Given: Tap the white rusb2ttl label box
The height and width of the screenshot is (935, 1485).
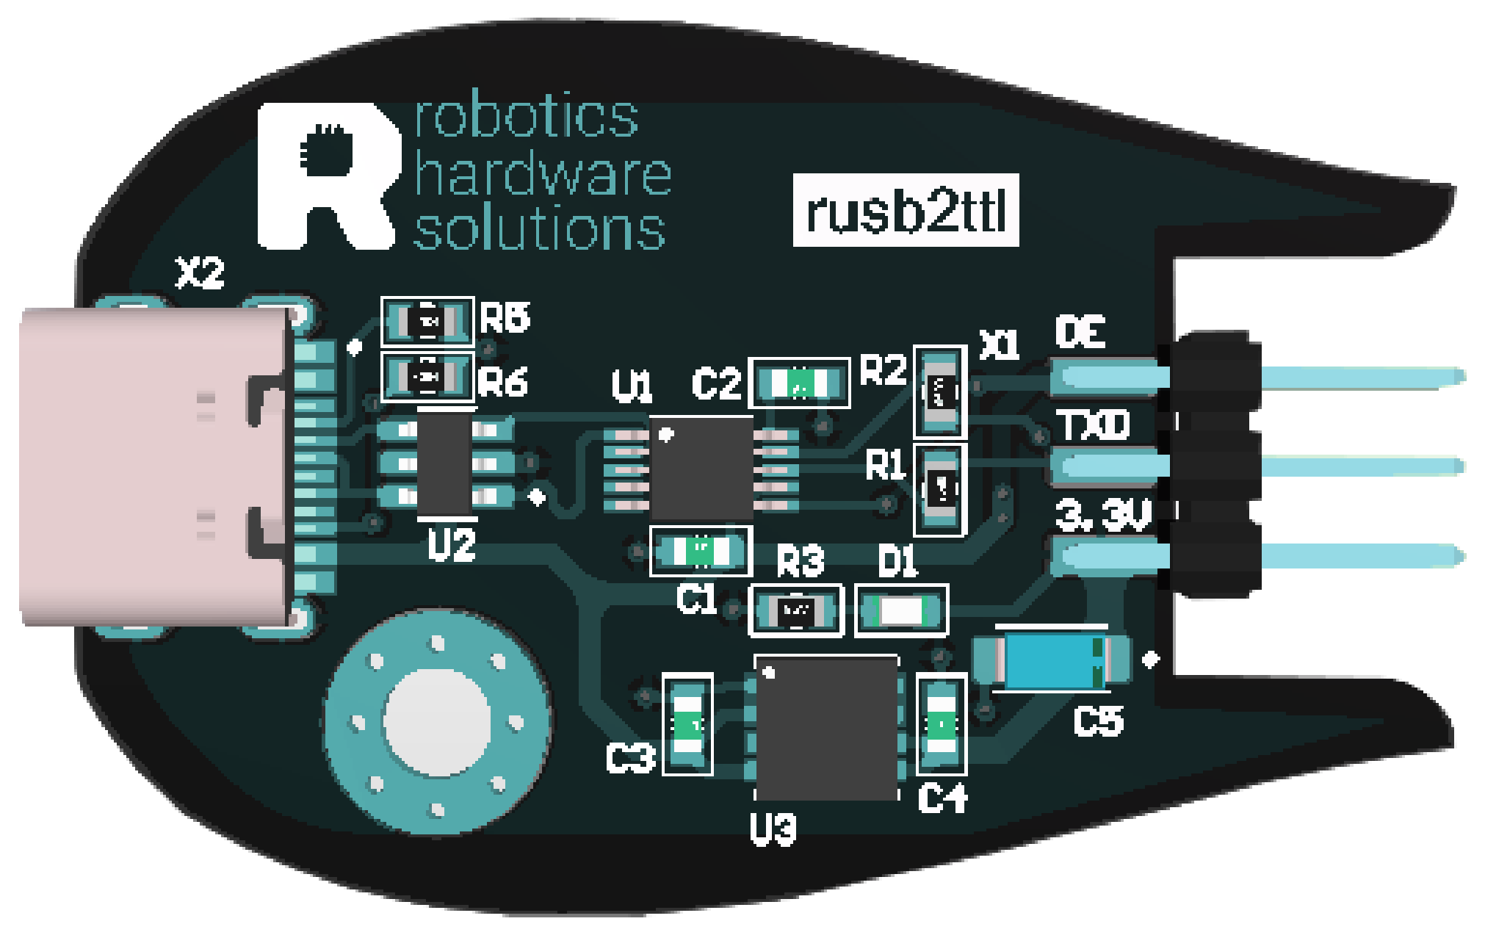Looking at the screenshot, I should point(906,211).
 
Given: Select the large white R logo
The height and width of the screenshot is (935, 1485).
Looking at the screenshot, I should point(327,176).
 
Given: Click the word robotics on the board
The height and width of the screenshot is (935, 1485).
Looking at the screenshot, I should point(527,118).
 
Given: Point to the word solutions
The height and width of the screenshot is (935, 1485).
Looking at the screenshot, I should point(540,230).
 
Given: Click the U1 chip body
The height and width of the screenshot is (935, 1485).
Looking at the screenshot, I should point(701,468).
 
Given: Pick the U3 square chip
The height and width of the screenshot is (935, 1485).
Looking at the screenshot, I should point(827,728).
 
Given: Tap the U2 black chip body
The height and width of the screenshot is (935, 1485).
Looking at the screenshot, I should point(444,463).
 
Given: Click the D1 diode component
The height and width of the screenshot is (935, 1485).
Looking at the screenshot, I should point(902,610).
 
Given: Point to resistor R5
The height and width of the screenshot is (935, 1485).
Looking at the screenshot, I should point(427,321).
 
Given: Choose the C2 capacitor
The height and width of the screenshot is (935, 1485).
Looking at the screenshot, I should point(799,383).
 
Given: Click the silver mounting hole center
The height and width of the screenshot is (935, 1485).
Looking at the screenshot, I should point(438,721).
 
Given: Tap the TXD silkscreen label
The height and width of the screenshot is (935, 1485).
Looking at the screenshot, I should point(1093,425).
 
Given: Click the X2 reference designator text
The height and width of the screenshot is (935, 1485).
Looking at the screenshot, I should point(200,273).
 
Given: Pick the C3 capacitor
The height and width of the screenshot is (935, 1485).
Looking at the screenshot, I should point(687,724).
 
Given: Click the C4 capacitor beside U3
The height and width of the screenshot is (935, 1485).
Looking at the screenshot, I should point(942,724).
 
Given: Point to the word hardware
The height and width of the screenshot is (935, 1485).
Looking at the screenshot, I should point(543,175).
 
